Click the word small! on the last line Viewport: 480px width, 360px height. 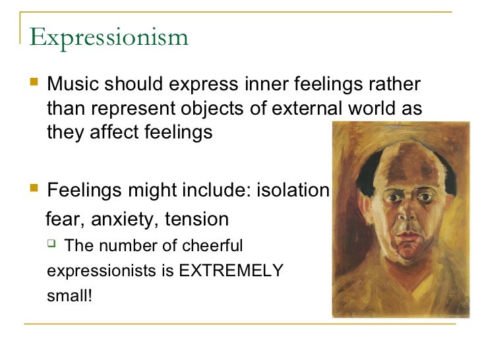70,295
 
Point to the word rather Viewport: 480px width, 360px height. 395,85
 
